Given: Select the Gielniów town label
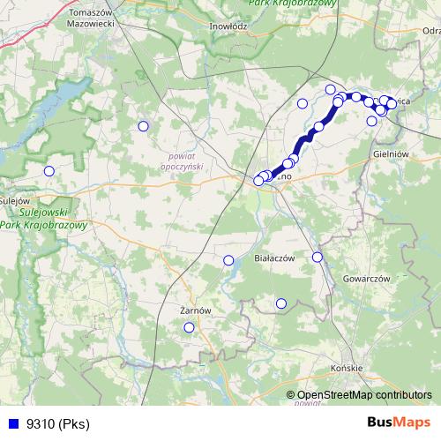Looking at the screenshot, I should click(392, 153).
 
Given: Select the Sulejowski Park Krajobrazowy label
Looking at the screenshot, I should click(44, 219).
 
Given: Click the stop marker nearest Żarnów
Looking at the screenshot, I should click(189, 328).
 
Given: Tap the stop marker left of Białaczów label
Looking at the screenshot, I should click(228, 260).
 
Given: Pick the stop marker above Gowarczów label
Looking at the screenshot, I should click(318, 258).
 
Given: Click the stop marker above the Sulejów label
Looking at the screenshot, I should click(49, 171).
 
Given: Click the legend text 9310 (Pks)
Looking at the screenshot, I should click(58, 424).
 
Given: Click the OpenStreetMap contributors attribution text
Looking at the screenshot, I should click(364, 395).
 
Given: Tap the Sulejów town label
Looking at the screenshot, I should click(16, 199).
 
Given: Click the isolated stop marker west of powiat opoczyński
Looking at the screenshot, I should click(143, 126).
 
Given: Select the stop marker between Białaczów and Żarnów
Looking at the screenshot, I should click(281, 303).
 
